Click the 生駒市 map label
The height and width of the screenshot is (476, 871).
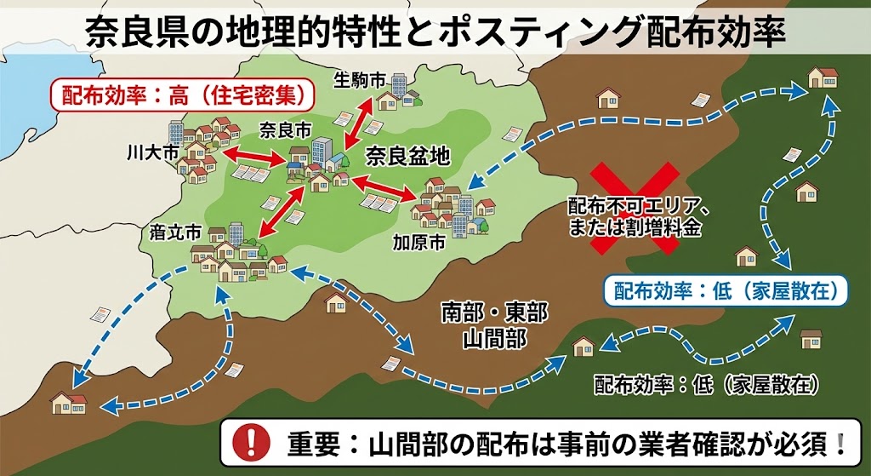359,81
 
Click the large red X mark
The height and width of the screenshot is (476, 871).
635,209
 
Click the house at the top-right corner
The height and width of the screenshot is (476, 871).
823,77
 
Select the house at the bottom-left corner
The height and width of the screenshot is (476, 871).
68,402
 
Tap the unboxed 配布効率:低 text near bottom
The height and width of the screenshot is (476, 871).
706,384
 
